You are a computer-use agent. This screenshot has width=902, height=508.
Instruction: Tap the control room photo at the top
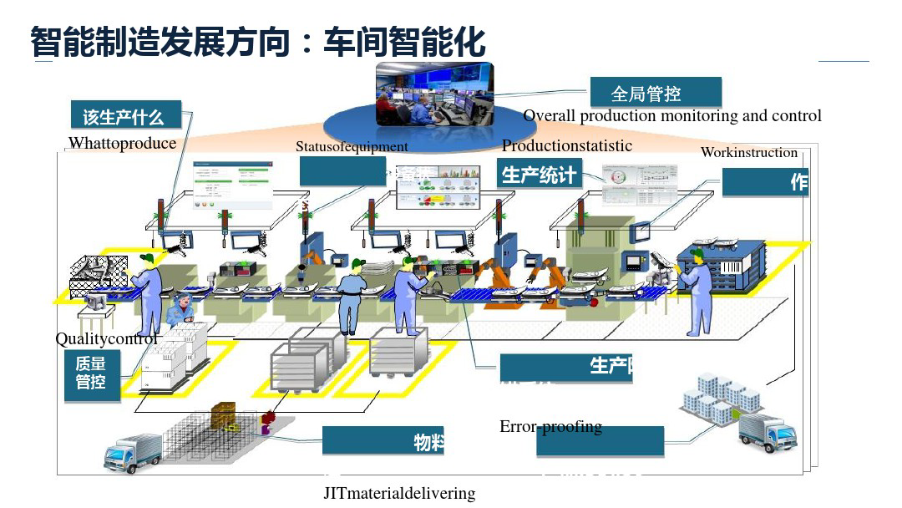[x=433, y=94]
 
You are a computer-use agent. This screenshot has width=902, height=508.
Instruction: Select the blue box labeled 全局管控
[x=656, y=93]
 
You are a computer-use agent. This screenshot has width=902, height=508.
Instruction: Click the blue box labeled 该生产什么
[x=128, y=116]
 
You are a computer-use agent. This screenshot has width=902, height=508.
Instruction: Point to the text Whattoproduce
[x=122, y=143]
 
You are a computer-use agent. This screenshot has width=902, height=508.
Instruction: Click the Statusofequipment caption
[x=352, y=147]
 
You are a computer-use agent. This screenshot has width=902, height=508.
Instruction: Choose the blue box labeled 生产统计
[x=539, y=175]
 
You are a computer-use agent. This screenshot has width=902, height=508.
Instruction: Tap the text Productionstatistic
[x=567, y=145]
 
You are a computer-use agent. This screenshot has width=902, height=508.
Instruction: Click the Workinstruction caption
[x=749, y=152]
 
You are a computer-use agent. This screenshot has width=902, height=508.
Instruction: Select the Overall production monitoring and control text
[x=672, y=116]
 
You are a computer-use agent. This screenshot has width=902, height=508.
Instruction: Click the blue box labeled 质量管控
[x=92, y=373]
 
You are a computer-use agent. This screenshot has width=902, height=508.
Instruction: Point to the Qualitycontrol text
[x=106, y=339]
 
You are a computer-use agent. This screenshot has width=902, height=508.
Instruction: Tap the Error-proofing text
[x=550, y=426]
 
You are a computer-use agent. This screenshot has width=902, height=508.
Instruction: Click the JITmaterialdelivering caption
[x=399, y=493]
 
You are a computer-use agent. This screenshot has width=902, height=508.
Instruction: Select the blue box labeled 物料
[x=383, y=441]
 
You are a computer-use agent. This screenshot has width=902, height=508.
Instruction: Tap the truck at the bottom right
[x=767, y=431]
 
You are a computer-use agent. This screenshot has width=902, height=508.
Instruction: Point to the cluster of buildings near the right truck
[x=719, y=398]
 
